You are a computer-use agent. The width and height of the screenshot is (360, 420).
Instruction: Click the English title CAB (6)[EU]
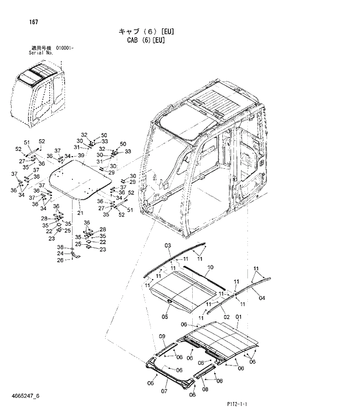(150, 41)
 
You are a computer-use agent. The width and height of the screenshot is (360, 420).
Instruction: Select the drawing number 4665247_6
(25, 396)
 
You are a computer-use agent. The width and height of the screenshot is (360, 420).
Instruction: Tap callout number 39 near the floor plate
(81, 155)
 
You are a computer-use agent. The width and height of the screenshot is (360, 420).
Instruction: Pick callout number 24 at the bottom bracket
(60, 254)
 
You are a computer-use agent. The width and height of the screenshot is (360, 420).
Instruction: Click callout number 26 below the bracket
(60, 260)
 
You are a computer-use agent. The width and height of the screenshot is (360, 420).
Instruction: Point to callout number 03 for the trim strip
(168, 247)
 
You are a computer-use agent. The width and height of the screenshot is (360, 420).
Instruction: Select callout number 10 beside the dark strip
(210, 267)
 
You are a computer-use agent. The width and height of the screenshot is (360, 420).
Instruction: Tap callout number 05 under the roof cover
(165, 317)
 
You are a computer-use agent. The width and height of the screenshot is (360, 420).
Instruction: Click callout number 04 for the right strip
(261, 298)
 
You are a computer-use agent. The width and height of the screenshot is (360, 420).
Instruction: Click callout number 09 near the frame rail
(162, 336)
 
